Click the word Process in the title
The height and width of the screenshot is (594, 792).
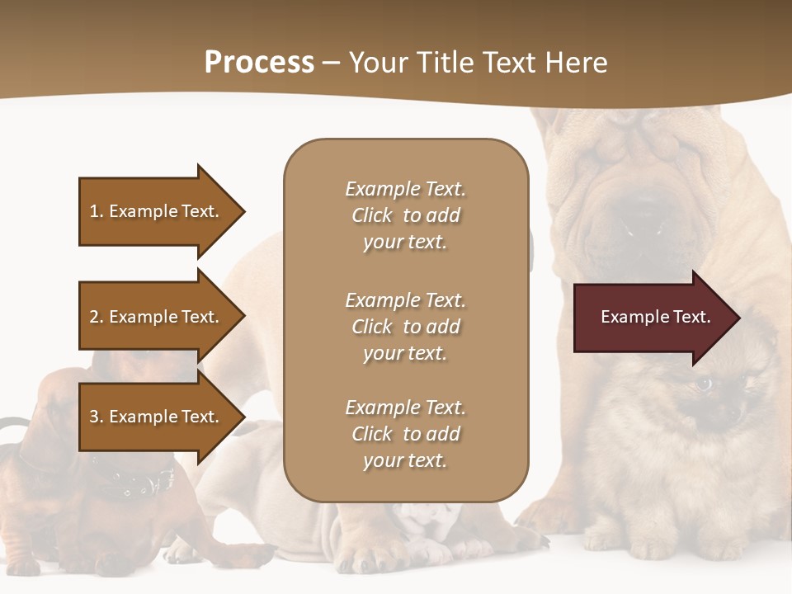[259, 63]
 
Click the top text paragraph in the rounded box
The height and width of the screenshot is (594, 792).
[405, 215]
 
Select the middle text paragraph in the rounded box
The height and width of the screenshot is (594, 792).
[405, 327]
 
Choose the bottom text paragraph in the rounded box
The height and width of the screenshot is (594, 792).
[405, 434]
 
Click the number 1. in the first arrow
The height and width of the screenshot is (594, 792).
[97, 211]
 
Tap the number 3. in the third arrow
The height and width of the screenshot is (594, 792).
[97, 417]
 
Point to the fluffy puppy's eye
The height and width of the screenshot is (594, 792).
[704, 384]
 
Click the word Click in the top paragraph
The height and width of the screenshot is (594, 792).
[371, 215]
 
